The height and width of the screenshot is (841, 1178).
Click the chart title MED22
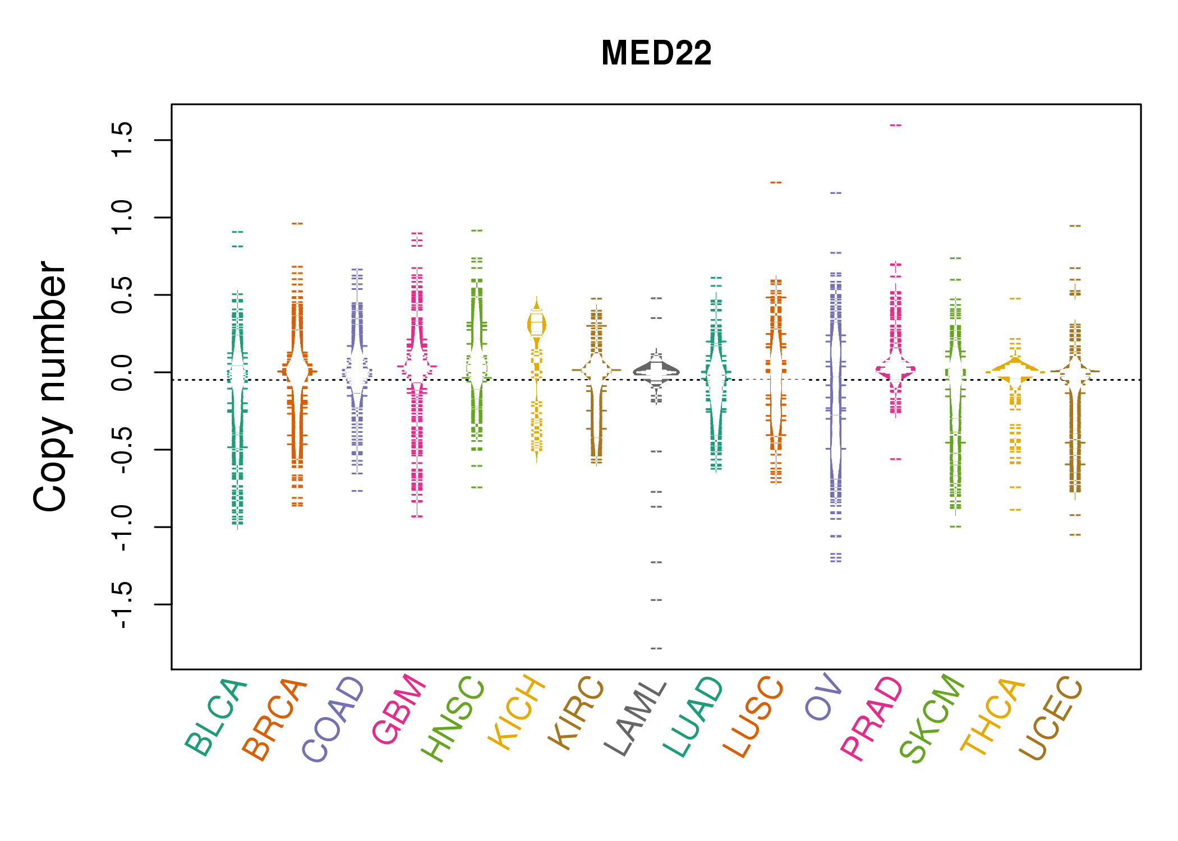coord(656,53)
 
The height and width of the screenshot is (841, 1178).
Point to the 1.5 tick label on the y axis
coord(122,140)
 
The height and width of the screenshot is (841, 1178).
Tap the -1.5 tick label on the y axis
coord(122,604)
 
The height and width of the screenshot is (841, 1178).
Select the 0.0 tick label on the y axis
coord(122,372)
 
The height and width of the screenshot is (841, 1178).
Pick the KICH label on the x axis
coord(516,712)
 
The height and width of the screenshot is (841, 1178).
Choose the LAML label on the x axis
coord(636,718)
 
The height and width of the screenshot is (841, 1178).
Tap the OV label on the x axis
coord(823,698)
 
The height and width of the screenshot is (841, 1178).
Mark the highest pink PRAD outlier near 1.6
coord(895,125)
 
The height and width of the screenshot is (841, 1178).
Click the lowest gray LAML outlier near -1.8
coord(656,649)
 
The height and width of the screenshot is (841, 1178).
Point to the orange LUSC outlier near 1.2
coord(776,182)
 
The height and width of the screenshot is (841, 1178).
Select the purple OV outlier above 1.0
coord(836,193)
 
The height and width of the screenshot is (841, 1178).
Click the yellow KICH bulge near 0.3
coord(537,325)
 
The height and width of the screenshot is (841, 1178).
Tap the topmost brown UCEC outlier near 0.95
coord(1075,226)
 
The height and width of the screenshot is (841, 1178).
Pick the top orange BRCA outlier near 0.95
coord(297,224)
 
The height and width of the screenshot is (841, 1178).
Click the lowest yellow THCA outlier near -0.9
coord(1015,510)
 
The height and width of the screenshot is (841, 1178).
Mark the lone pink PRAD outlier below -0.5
coord(895,459)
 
